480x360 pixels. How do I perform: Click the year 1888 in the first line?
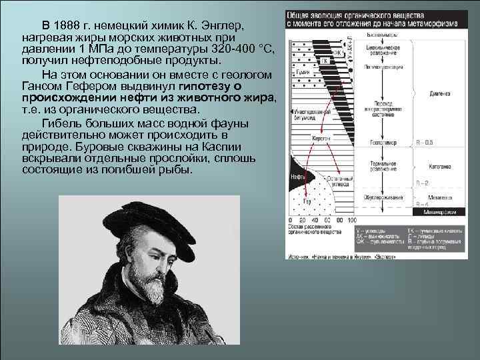(71, 25)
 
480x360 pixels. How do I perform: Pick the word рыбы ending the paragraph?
(176, 170)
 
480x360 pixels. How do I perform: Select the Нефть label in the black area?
(298, 178)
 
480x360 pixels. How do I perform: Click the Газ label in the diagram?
(307, 201)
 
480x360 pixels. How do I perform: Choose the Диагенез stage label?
(439, 93)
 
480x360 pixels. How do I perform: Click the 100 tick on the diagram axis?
(352, 219)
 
